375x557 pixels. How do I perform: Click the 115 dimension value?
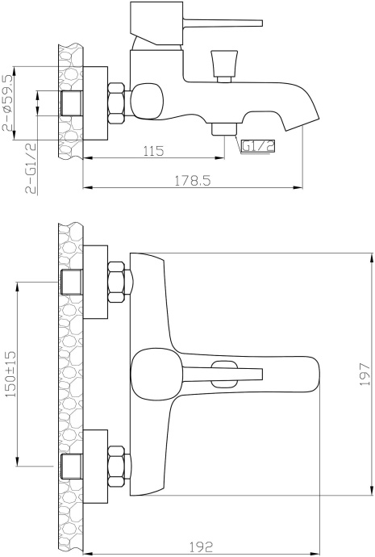[153, 151]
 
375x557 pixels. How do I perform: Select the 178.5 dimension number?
[192, 181]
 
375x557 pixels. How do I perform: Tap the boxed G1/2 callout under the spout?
[258, 146]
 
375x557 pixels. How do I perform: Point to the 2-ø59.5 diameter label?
[9, 103]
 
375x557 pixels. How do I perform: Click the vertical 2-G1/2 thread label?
[31, 168]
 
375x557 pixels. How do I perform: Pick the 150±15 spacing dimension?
[10, 374]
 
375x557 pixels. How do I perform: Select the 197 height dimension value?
[365, 374]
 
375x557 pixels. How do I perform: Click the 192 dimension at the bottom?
[201, 546]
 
